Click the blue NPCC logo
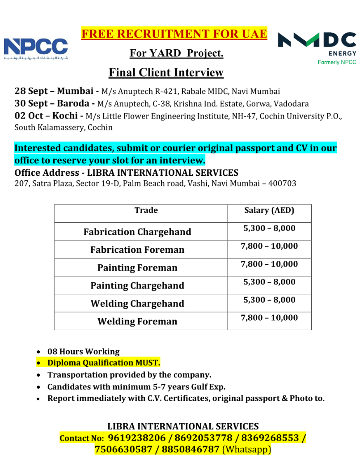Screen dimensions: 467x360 (x=36, y=48)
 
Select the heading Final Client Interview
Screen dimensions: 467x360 (x=166, y=72)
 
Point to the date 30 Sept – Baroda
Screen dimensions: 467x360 (x=52, y=104)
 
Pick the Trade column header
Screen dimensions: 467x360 (x=146, y=210)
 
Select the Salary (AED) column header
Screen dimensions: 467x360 (x=269, y=210)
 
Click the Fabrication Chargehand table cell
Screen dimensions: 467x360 (x=137, y=232)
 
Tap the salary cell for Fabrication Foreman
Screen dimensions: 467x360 (x=269, y=246)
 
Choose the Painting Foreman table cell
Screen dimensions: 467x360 (x=137, y=268)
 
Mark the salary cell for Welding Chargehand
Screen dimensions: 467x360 (x=269, y=300)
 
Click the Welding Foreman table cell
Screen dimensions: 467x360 (x=137, y=322)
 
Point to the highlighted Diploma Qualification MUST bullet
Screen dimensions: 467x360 (x=103, y=363)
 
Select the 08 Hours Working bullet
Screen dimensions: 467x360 (x=83, y=352)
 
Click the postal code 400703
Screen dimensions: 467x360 (x=281, y=183)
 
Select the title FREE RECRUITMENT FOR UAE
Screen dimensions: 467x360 (x=174, y=34)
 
